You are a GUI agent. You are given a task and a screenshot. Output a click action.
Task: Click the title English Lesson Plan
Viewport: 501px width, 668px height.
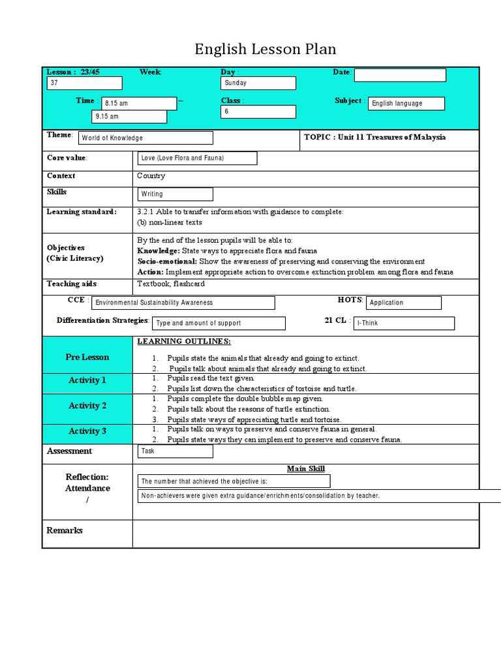(266, 50)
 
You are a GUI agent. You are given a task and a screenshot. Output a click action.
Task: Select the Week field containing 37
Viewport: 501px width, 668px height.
(84, 83)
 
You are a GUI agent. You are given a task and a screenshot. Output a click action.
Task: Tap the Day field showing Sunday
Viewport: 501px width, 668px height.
(258, 83)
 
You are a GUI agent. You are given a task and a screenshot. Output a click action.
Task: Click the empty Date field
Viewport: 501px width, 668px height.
(400, 76)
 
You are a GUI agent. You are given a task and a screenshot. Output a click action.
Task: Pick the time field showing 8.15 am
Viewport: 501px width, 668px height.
(139, 104)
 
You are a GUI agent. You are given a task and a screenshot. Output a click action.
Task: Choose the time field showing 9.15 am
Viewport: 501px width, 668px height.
(129, 117)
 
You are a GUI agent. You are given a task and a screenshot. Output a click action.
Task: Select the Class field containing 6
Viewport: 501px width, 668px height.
(258, 112)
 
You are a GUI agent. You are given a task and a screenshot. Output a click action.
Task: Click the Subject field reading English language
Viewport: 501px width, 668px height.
(406, 104)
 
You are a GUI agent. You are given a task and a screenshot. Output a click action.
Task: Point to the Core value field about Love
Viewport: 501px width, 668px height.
(197, 159)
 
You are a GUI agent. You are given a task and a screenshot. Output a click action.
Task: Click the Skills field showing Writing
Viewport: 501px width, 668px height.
(175, 194)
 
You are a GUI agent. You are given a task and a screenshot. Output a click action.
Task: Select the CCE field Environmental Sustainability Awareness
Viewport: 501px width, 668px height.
(183, 303)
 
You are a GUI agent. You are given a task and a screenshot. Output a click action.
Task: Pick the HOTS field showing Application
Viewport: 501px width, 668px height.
(404, 303)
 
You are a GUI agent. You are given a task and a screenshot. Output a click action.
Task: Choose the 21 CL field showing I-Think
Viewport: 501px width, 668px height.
(404, 323)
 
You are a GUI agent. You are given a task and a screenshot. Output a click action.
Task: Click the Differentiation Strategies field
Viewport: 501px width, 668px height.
(219, 323)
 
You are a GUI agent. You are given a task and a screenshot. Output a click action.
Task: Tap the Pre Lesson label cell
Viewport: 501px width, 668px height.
(87, 357)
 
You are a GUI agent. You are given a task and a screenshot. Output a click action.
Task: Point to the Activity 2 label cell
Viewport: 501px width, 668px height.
(87, 406)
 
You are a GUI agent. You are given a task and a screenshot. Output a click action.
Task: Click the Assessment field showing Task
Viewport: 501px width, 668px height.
(175, 451)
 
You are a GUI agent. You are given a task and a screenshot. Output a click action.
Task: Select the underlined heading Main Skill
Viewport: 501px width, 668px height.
(305, 468)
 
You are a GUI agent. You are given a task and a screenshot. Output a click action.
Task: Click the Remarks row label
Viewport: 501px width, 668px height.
(65, 530)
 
